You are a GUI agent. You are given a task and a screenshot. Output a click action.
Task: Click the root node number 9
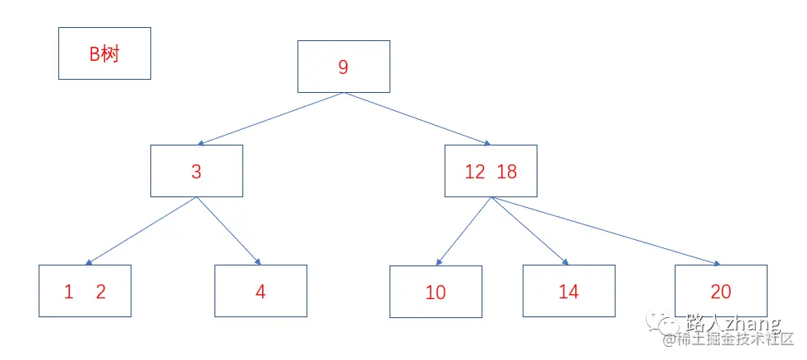click(343, 67)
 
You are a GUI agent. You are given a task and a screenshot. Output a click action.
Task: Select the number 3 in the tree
click(196, 172)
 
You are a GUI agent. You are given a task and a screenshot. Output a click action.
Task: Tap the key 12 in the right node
click(475, 172)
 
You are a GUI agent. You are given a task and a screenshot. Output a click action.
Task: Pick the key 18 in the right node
click(507, 172)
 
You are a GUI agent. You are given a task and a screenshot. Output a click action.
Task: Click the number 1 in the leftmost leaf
click(69, 292)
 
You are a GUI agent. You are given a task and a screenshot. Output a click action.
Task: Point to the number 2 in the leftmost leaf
click(101, 292)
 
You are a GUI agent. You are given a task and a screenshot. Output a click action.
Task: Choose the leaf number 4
click(261, 292)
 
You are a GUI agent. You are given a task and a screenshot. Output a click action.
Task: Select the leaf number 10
click(436, 293)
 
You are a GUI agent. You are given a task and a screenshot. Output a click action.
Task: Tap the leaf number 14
click(569, 292)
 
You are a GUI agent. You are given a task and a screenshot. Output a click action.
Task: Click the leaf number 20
click(721, 292)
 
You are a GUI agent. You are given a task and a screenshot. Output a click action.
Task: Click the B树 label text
click(105, 54)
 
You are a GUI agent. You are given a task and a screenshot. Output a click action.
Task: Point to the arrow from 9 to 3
click(270, 118)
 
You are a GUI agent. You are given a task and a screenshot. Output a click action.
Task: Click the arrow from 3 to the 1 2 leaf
click(141, 231)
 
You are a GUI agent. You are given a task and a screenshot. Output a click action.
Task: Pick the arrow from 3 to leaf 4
click(228, 231)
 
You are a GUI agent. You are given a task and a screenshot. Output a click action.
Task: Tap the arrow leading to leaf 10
click(463, 231)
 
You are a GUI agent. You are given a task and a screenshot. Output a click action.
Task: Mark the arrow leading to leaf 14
click(529, 231)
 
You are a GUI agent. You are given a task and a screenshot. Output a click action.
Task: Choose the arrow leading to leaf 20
click(605, 231)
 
